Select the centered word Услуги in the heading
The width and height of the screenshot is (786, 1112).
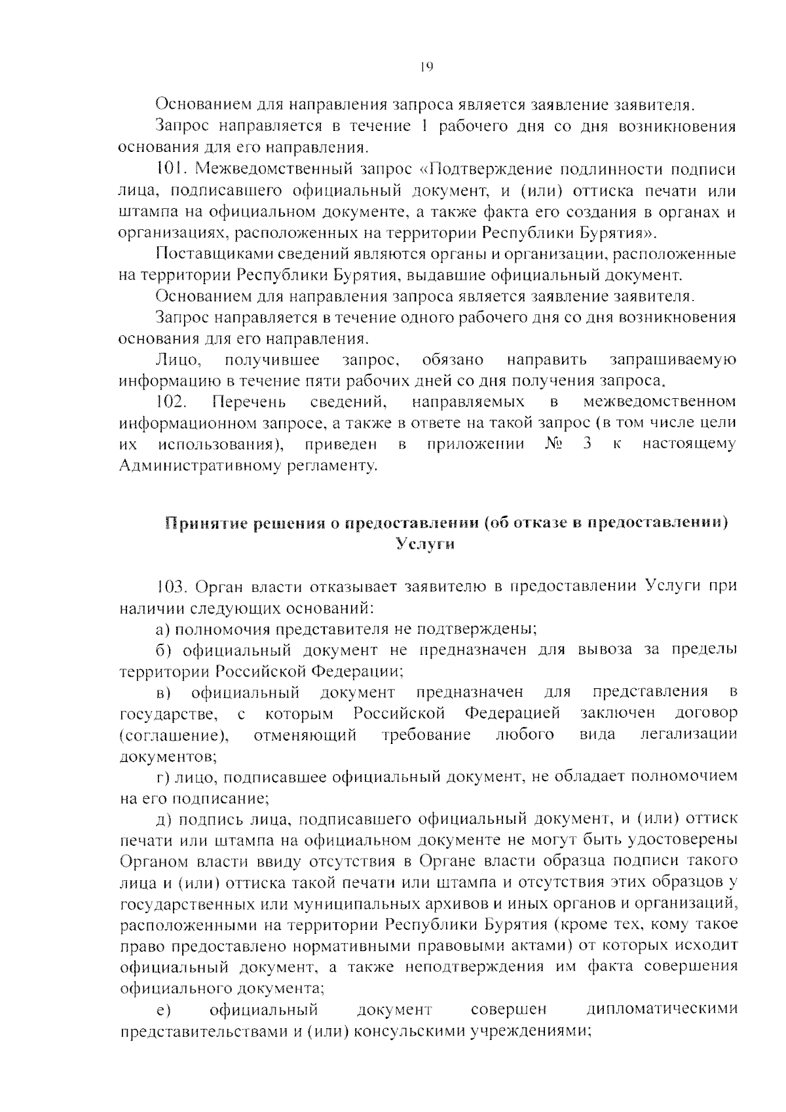click(426, 544)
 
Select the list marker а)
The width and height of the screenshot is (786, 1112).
click(162, 629)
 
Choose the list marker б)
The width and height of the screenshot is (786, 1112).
click(162, 650)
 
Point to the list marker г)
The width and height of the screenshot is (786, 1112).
click(162, 777)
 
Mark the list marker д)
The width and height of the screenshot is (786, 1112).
click(162, 819)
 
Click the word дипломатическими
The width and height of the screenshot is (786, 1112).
click(662, 1009)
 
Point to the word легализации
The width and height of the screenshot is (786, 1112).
click(688, 735)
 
